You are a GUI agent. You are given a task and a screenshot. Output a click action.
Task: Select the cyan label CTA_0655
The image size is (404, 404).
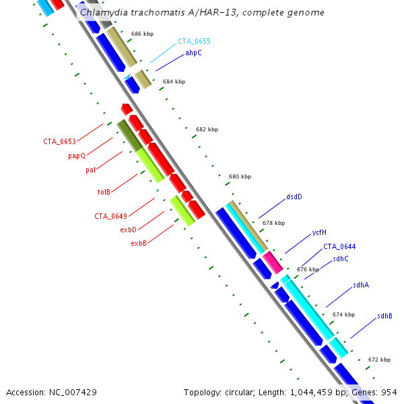click(194, 41)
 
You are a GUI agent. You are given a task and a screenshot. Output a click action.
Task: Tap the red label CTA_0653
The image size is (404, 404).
click(59, 141)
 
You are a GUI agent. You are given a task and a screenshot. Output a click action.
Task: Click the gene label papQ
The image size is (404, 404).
click(76, 156)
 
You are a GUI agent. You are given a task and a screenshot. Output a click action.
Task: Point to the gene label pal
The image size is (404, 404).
click(90, 170)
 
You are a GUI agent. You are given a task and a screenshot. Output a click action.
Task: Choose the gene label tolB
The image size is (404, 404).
click(104, 192)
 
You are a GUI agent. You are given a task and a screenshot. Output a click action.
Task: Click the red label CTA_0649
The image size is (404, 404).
click(110, 216)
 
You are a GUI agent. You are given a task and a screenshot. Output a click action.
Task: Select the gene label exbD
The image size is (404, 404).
click(128, 230)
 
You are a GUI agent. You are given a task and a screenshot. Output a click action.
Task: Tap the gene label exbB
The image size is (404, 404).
click(139, 243)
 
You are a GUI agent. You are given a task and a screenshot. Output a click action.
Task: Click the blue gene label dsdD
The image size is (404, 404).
click(294, 197)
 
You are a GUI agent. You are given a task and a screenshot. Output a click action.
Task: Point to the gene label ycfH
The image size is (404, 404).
click(319, 232)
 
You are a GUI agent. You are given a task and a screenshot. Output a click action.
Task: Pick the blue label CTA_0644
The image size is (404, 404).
click(339, 246)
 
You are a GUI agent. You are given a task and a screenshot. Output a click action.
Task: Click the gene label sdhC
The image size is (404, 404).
click(341, 259)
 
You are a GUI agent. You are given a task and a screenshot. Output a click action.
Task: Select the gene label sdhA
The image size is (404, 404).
click(361, 285)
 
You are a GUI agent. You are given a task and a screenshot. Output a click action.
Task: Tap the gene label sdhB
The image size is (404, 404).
click(384, 316)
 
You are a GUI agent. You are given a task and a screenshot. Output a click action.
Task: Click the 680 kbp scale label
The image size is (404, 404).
click(240, 176)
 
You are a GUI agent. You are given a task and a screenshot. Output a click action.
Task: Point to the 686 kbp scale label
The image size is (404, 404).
click(142, 33)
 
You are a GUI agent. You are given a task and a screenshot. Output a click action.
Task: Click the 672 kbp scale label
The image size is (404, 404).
click(380, 360)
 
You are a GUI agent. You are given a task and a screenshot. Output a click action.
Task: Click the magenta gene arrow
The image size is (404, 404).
click(272, 261)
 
